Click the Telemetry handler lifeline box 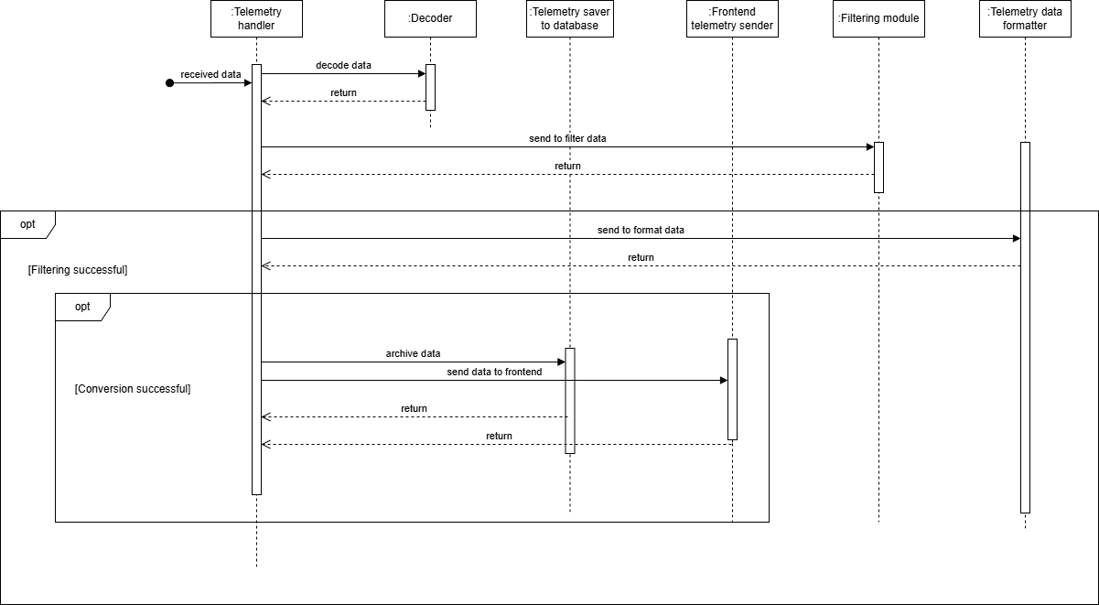(x=256, y=19)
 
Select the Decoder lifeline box (x=430, y=19)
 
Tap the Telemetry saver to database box (x=570, y=19)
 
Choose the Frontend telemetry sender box (x=732, y=19)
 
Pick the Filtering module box (x=878, y=19)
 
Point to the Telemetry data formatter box (x=1025, y=19)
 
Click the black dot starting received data (x=169, y=83)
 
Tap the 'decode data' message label (x=343, y=66)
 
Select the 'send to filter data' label (x=567, y=139)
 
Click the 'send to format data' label (x=641, y=231)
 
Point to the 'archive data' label (x=413, y=353)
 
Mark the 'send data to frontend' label (x=494, y=372)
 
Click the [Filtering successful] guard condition (x=78, y=270)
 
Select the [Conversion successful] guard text (x=133, y=389)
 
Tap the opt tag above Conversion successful (x=82, y=307)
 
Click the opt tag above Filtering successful (x=27, y=224)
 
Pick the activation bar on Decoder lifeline (x=430, y=87)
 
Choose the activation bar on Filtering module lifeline (x=878, y=167)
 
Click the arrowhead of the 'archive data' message (x=561, y=362)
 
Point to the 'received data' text (x=211, y=75)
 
